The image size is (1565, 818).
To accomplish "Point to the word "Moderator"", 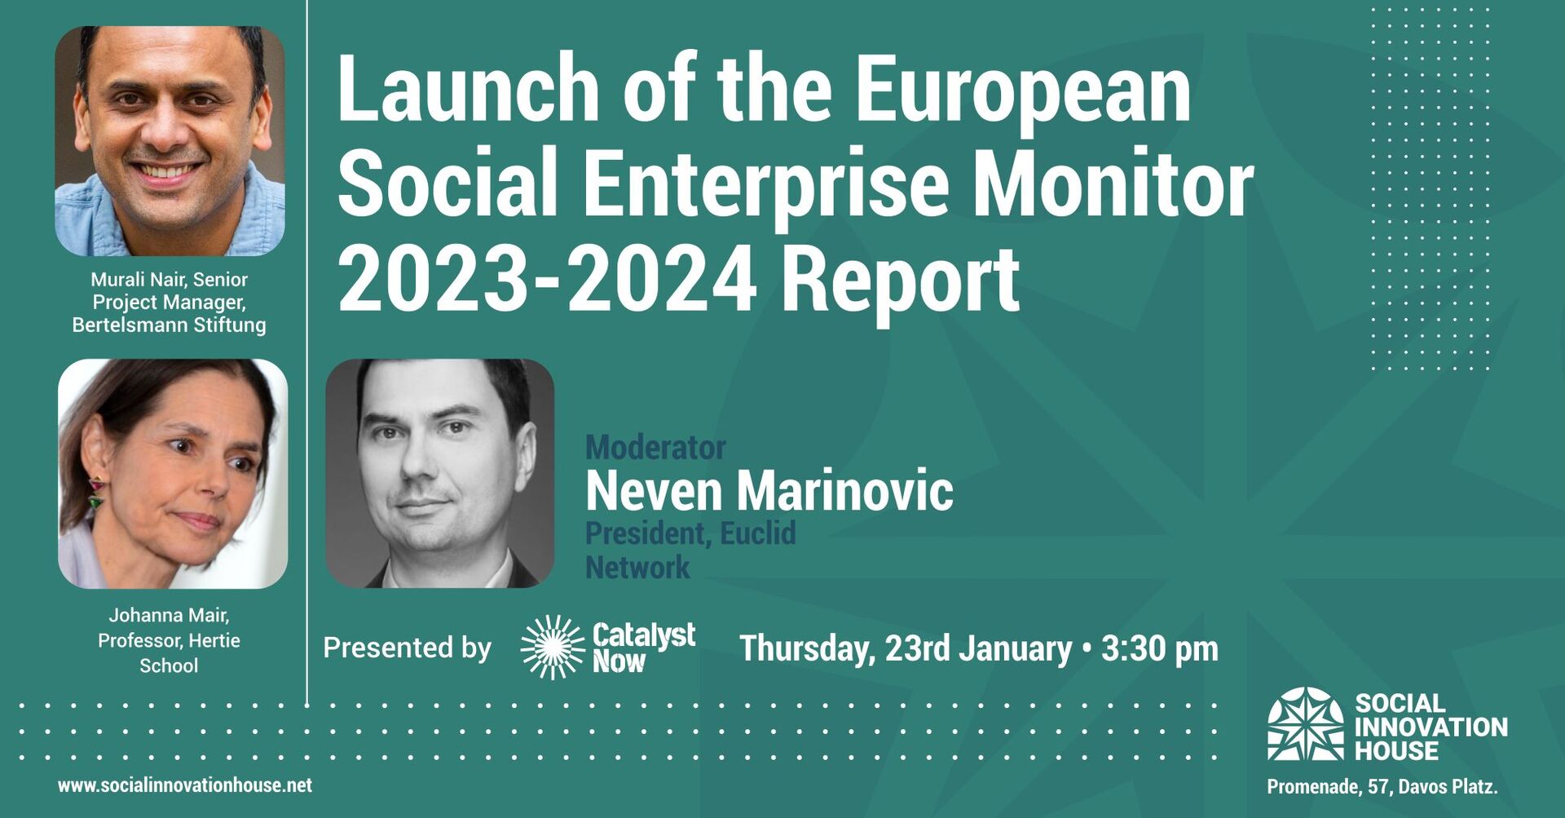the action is pyautogui.click(x=655, y=448).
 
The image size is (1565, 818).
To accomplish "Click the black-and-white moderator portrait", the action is pyautogui.click(x=440, y=473).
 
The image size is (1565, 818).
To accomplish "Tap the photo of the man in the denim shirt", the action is pyautogui.click(x=170, y=141).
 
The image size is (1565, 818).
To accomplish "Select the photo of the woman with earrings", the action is pyautogui.click(x=173, y=474).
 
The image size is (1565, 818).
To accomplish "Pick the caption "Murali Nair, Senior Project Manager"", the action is pyautogui.click(x=170, y=291).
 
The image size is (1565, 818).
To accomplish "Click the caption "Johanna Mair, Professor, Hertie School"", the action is pyautogui.click(x=170, y=640).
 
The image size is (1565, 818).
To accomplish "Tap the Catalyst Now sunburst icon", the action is pyautogui.click(x=553, y=648).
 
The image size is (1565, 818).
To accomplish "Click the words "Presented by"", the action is pyautogui.click(x=408, y=648).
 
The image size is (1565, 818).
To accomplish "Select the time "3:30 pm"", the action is pyautogui.click(x=1160, y=649).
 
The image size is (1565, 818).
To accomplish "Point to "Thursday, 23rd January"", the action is pyautogui.click(x=906, y=649).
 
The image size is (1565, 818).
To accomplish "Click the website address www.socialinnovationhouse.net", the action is pyautogui.click(x=185, y=785).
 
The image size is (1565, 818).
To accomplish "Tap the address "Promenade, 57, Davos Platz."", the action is pyautogui.click(x=1382, y=787).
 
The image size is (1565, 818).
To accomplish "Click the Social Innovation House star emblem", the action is pyautogui.click(x=1306, y=723).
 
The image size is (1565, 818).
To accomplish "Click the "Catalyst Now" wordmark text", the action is pyautogui.click(x=644, y=648).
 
